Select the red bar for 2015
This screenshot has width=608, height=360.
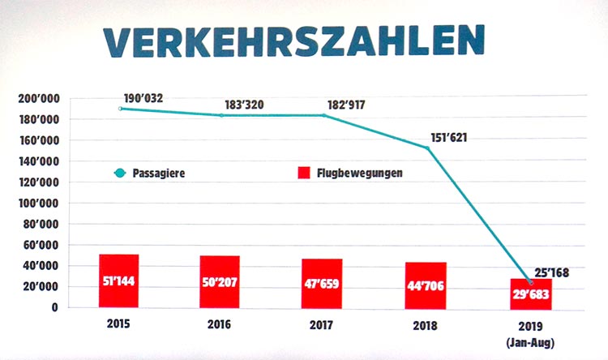pyautogui.click(x=119, y=281)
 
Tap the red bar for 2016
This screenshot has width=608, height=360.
pyautogui.click(x=220, y=281)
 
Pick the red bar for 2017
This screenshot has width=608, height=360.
pyautogui.click(x=321, y=282)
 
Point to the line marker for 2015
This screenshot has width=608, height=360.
pyautogui.click(x=120, y=108)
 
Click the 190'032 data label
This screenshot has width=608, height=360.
pyautogui.click(x=144, y=98)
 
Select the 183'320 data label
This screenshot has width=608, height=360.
pyautogui.click(x=245, y=105)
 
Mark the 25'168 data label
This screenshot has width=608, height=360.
pyautogui.click(x=554, y=273)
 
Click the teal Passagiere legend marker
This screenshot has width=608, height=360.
pyautogui.click(x=121, y=173)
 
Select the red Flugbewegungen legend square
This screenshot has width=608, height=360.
pyautogui.click(x=305, y=173)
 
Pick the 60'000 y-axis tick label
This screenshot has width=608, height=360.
pyautogui.click(x=42, y=245)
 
